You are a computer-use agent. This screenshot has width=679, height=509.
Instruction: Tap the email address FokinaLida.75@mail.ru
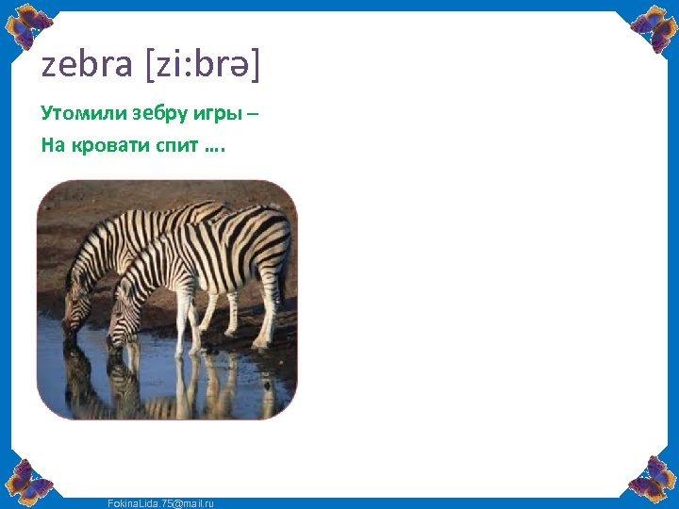point(159,503)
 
